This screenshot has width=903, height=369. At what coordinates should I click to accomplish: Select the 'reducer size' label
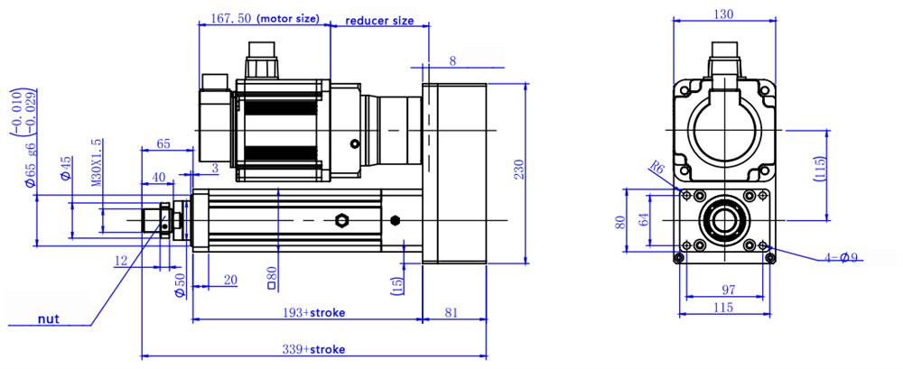(x=380, y=19)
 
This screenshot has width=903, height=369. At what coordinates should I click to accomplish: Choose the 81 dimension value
(x=456, y=312)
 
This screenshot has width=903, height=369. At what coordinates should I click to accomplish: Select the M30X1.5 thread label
(x=97, y=162)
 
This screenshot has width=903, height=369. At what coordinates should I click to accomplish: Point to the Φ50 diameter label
(x=179, y=282)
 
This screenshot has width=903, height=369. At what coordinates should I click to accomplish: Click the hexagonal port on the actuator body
(x=341, y=221)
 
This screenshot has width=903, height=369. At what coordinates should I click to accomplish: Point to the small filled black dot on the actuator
(x=396, y=220)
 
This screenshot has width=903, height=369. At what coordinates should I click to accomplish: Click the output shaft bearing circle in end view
(x=724, y=220)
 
